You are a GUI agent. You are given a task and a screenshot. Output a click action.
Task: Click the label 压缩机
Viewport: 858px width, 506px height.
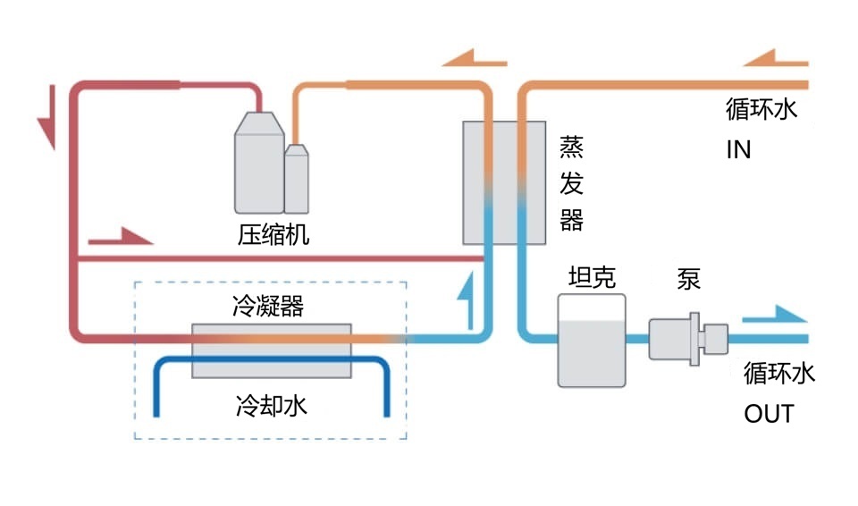point(273,236)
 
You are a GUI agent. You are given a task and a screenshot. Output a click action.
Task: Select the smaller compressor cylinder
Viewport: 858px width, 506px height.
point(297,179)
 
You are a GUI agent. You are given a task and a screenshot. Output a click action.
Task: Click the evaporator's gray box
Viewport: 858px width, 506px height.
point(504,182)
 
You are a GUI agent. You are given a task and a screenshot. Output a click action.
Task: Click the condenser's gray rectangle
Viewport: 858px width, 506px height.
point(273,350)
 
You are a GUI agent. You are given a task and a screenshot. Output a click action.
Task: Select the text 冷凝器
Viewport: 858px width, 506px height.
point(267,307)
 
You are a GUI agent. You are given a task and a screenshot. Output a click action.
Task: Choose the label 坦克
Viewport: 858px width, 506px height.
point(592,277)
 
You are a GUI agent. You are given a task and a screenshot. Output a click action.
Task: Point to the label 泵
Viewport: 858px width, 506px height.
point(688,279)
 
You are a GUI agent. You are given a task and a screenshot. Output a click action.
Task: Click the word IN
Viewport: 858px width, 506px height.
point(738,149)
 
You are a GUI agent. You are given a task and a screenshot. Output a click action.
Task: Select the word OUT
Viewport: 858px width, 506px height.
point(769,414)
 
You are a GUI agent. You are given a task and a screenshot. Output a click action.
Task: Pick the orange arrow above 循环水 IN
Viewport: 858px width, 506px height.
point(775,60)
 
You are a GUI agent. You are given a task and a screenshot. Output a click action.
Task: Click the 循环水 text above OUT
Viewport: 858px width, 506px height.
point(779,374)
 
